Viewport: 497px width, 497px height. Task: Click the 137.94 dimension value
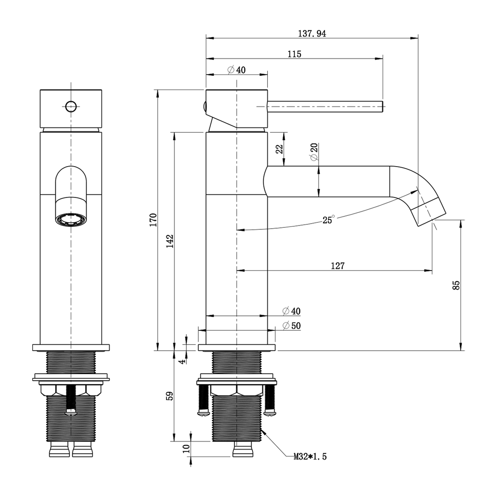point(312,34)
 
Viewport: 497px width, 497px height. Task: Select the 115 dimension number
point(295,54)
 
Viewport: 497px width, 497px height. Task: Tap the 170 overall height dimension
point(153,220)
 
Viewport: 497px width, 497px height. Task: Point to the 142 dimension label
point(170,241)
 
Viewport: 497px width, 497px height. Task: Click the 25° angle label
point(329,220)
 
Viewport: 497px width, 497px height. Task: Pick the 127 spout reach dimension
point(337,266)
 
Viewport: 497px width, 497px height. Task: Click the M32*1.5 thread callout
point(310,457)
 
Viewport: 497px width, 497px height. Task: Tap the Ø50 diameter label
point(291,326)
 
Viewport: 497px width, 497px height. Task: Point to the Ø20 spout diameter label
point(314,152)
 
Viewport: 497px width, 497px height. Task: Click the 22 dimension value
point(279,149)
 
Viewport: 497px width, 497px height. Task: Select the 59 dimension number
point(170,396)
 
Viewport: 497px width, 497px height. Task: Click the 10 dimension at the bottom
point(186,449)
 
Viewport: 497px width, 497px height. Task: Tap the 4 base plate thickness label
point(183,361)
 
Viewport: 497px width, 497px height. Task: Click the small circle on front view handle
point(70,106)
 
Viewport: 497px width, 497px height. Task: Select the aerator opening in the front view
point(71,219)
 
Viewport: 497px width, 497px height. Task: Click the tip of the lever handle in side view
point(381,106)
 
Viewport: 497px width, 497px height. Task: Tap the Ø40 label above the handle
point(237,70)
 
